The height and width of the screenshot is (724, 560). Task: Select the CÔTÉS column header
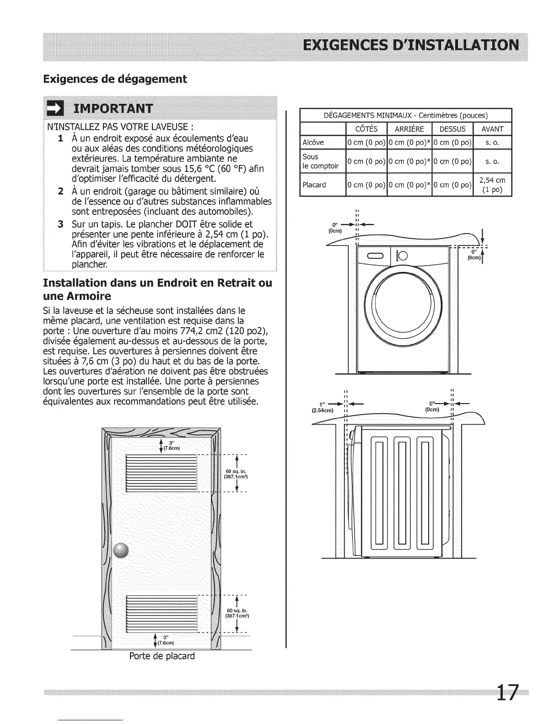click(x=366, y=129)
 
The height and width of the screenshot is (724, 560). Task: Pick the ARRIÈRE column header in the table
click(x=409, y=129)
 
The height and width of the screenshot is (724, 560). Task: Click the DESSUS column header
click(x=452, y=129)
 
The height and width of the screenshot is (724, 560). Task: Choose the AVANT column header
click(x=492, y=129)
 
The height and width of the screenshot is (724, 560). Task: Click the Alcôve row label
click(x=313, y=143)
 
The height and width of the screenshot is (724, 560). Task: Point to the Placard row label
click(x=314, y=185)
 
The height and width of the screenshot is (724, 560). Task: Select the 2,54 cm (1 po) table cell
click(x=492, y=185)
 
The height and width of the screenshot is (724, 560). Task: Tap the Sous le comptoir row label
click(x=321, y=161)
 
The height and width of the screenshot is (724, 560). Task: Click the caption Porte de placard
click(x=162, y=656)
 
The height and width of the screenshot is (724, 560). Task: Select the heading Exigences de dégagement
click(x=115, y=79)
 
